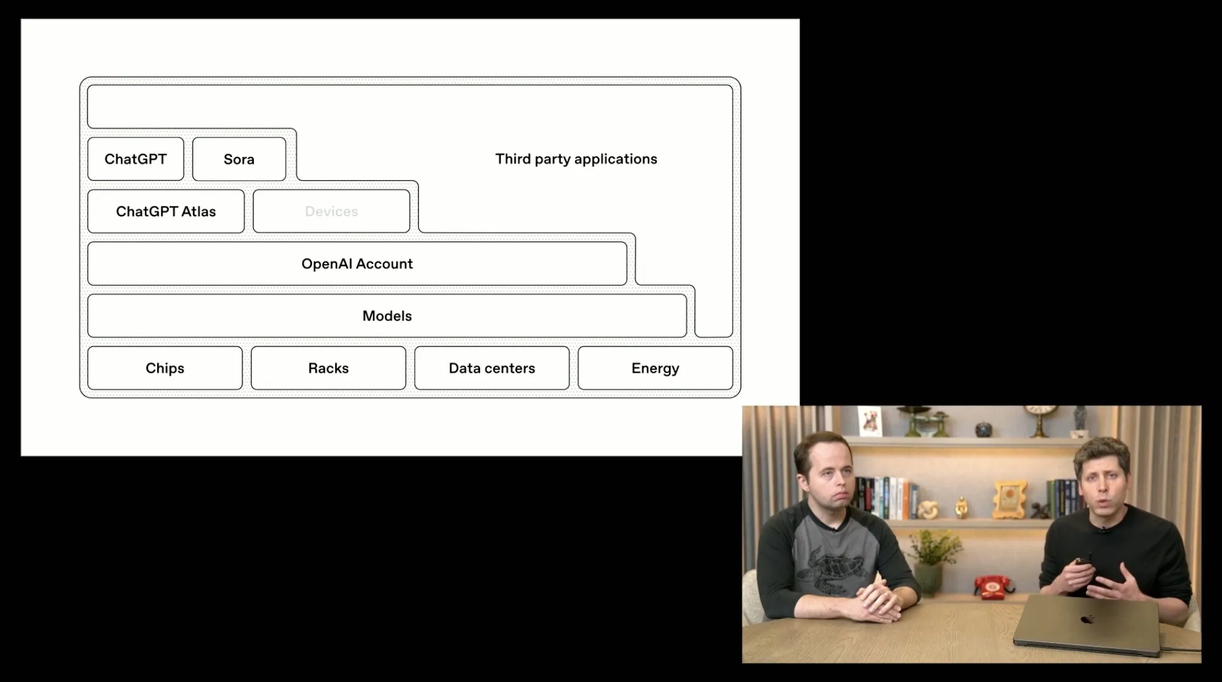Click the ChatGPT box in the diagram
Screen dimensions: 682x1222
(x=135, y=159)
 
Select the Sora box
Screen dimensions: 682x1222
(x=239, y=159)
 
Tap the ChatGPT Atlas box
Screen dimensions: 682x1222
(x=166, y=211)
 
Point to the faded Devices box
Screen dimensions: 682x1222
(x=331, y=211)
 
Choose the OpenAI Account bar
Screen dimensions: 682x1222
(x=357, y=264)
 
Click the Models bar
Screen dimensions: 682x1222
(x=387, y=316)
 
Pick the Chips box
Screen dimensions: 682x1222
(x=165, y=368)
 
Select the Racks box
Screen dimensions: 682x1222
(x=328, y=368)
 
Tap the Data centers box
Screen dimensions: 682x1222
(x=492, y=368)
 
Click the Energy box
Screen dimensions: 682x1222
(x=655, y=368)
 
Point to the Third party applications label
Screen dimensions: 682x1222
(x=576, y=159)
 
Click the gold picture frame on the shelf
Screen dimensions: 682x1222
(x=1007, y=498)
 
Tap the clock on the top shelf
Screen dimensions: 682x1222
(x=1034, y=416)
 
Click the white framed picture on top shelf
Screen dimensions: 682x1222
(x=869, y=421)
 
